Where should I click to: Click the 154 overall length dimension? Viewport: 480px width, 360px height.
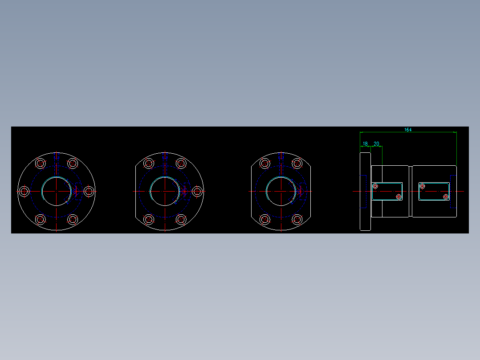pos(408,130)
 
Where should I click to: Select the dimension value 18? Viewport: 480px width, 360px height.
pos(365,144)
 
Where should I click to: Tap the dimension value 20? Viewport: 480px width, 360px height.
pos(376,144)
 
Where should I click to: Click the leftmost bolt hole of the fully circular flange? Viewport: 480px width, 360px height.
pos(24,192)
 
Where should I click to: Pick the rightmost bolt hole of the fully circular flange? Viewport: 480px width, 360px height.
pos(89,192)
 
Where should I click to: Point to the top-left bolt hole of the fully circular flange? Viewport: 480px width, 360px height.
pos(41,164)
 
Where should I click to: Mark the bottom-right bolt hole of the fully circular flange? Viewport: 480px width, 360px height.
pos(73,219)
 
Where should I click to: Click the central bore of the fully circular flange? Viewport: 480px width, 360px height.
pos(57,192)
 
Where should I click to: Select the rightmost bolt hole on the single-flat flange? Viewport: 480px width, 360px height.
pos(197,192)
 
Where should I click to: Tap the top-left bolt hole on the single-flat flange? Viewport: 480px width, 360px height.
pos(149,164)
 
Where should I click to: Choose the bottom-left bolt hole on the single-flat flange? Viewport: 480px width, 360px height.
pos(149,219)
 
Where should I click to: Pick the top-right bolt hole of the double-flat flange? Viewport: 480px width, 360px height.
pos(297,164)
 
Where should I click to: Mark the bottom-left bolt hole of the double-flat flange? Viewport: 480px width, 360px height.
pos(265,219)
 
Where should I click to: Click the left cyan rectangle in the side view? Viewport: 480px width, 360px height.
pos(387,192)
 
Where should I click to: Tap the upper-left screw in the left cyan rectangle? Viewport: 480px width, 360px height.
pos(375,186)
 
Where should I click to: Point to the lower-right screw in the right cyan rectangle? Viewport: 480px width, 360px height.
pos(446,196)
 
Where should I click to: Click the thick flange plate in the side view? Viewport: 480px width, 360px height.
pos(365,192)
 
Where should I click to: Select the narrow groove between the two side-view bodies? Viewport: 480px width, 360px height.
pos(411,192)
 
